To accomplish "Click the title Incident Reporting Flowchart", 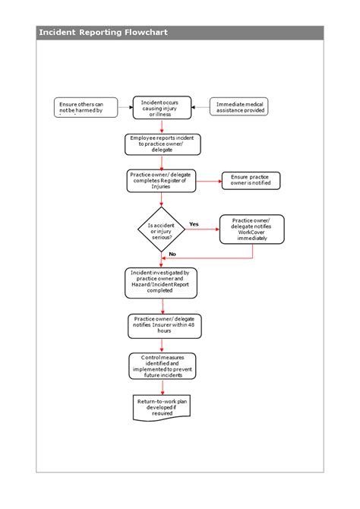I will [x=103, y=33].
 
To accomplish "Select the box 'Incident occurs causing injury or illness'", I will [x=161, y=107].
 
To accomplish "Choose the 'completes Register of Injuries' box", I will [x=161, y=180].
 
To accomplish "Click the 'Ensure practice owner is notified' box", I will [x=250, y=181].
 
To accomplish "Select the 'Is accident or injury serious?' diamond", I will [x=161, y=229].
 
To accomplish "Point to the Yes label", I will [x=194, y=224].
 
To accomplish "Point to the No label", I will [x=172, y=254].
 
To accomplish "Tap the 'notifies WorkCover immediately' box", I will [x=251, y=229].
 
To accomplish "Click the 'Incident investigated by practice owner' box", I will [x=160, y=281].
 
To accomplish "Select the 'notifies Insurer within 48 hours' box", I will [x=161, y=325].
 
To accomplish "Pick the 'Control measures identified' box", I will [x=162, y=366].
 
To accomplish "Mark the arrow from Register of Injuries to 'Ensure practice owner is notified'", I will [x=207, y=181].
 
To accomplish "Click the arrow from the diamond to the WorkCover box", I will [x=203, y=229].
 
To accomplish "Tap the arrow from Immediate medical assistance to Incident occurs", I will [x=200, y=107].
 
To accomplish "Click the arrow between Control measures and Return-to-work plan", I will [x=162, y=387].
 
